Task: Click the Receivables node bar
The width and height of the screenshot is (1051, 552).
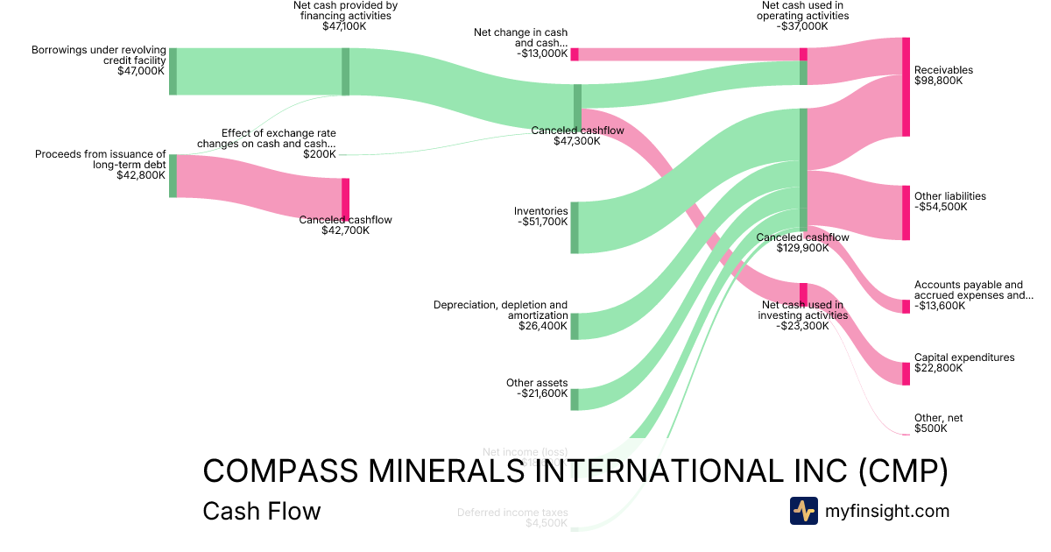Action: pyautogui.click(x=906, y=87)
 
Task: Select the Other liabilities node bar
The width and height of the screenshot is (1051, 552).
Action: pyautogui.click(x=906, y=212)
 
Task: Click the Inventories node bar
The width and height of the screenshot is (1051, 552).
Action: pyautogui.click(x=575, y=227)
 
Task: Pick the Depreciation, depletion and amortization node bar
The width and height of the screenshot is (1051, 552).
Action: pyautogui.click(x=575, y=326)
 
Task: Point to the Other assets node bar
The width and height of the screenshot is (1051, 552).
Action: pyautogui.click(x=575, y=399)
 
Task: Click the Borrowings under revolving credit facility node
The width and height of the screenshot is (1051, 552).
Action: pyautogui.click(x=173, y=71)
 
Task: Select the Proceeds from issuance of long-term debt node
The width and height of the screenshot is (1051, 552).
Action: pyautogui.click(x=173, y=175)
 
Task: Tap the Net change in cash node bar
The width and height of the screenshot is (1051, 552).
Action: pyautogui.click(x=575, y=54)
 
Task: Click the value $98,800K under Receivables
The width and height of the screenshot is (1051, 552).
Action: pyautogui.click(x=938, y=81)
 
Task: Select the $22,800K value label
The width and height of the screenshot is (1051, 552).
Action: pyautogui.click(x=938, y=368)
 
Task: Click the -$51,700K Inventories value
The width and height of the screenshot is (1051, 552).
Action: pyautogui.click(x=542, y=222)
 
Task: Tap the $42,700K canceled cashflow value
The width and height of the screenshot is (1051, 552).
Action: pyautogui.click(x=345, y=230)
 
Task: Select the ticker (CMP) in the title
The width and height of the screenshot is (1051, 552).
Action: pyautogui.click(x=903, y=471)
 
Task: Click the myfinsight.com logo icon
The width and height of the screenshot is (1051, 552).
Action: pyautogui.click(x=803, y=511)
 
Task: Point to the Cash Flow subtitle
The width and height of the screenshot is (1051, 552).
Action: pyautogui.click(x=261, y=511)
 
